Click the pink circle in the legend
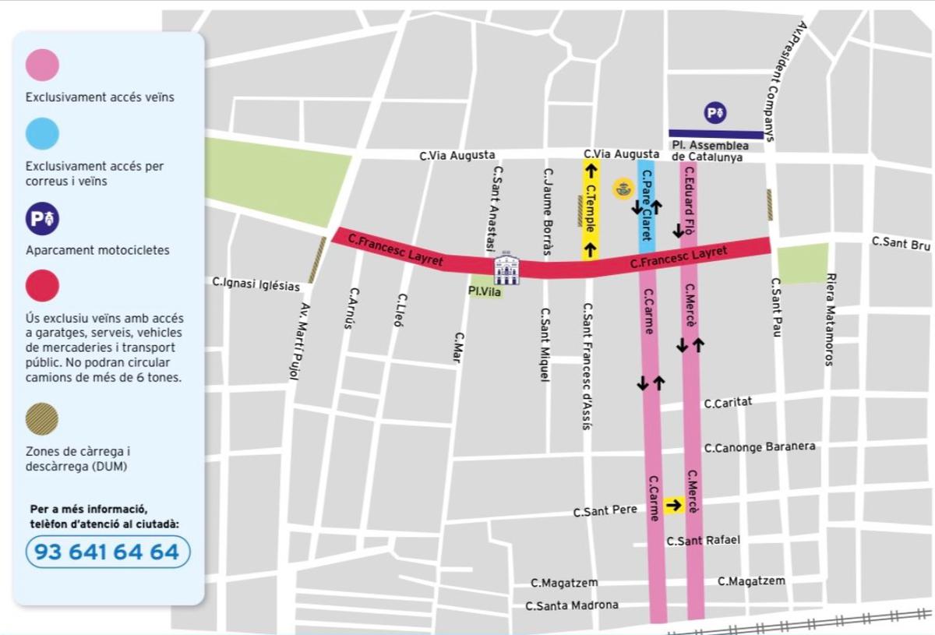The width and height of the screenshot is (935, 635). click(42, 65)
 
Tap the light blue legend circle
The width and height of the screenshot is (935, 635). click(42, 133)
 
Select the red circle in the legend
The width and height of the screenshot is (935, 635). click(42, 285)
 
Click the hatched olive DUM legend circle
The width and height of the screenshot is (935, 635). click(42, 419)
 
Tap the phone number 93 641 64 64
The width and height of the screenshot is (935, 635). click(108, 552)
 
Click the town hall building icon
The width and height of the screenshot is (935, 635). click(506, 268)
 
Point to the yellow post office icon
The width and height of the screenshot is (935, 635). click(623, 189)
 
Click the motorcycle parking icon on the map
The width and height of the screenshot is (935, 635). click(715, 114)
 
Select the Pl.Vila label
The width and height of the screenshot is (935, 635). click(485, 291)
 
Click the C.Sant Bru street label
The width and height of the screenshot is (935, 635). click(901, 244)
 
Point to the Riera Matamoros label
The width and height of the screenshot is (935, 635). click(830, 319)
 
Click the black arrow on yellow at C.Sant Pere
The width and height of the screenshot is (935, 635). click(674, 505)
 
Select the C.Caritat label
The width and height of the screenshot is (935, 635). click(727, 404)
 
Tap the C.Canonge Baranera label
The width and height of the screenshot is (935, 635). click(760, 447)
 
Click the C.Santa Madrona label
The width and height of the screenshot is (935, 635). click(572, 605)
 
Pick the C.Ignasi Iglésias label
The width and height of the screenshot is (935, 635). click(256, 285)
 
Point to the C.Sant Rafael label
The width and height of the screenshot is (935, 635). click(703, 541)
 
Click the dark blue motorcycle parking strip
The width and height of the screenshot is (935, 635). click(716, 135)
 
